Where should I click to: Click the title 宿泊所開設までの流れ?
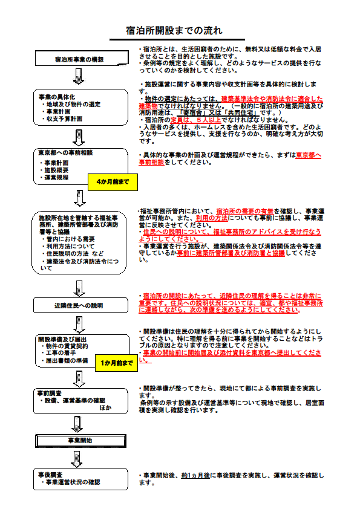coord(174,30)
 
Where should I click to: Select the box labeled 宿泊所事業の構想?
coord(82,59)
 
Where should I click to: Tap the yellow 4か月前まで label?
coord(113,182)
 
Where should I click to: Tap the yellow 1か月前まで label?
coord(117,363)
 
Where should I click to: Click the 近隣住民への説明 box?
coord(80,305)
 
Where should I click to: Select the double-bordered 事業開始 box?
coord(80,441)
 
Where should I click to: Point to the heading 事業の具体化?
coord(57,97)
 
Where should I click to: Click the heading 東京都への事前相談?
coord(65,152)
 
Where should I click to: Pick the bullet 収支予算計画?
coord(62,119)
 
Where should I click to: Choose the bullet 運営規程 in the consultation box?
coord(54,178)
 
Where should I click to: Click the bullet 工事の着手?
coord(59,353)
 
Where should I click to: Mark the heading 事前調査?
coord(50,393)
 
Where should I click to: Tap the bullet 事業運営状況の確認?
coord(71,482)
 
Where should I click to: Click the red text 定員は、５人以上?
coord(196,120)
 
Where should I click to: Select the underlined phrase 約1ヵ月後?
coord(195,476)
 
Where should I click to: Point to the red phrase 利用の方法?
coord(212,218)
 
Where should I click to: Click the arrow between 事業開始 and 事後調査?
coord(77,458)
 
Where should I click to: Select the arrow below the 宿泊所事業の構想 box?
coord(79,76)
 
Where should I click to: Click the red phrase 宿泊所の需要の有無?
coord(245,212)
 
